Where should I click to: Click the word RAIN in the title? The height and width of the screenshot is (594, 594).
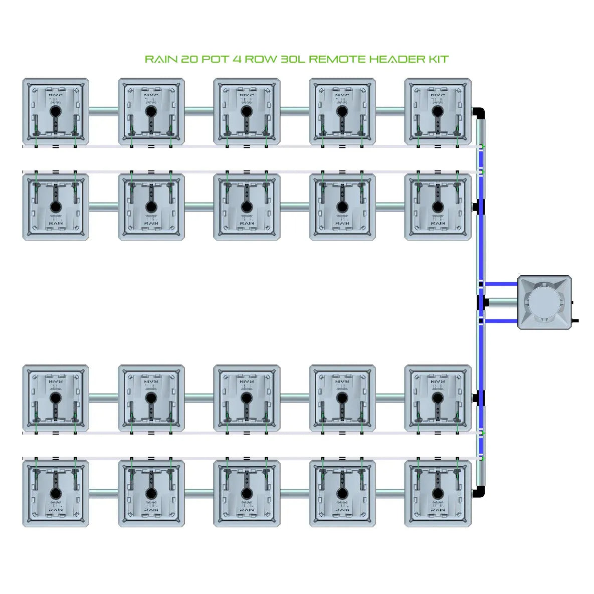pyautogui.click(x=160, y=59)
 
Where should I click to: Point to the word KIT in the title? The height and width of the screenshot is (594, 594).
pyautogui.click(x=438, y=59)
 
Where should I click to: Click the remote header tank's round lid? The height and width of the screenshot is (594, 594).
pyautogui.click(x=544, y=302)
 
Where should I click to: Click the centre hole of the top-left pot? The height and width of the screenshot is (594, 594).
pyautogui.click(x=56, y=111)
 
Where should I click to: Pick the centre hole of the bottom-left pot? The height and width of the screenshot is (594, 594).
pyautogui.click(x=56, y=493)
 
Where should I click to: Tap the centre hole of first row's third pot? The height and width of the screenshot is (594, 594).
pyautogui.click(x=246, y=111)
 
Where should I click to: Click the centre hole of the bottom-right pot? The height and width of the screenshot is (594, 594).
pyautogui.click(x=438, y=493)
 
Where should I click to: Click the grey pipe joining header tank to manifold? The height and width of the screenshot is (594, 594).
pyautogui.click(x=503, y=302)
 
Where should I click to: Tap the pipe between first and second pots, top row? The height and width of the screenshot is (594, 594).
pyautogui.click(x=103, y=111)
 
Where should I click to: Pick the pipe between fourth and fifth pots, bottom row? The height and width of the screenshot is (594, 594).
pyautogui.click(x=390, y=493)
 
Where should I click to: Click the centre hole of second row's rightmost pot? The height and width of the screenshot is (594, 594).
pyautogui.click(x=438, y=207)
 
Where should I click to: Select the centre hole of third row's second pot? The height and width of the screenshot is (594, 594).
pyautogui.click(x=151, y=398)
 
